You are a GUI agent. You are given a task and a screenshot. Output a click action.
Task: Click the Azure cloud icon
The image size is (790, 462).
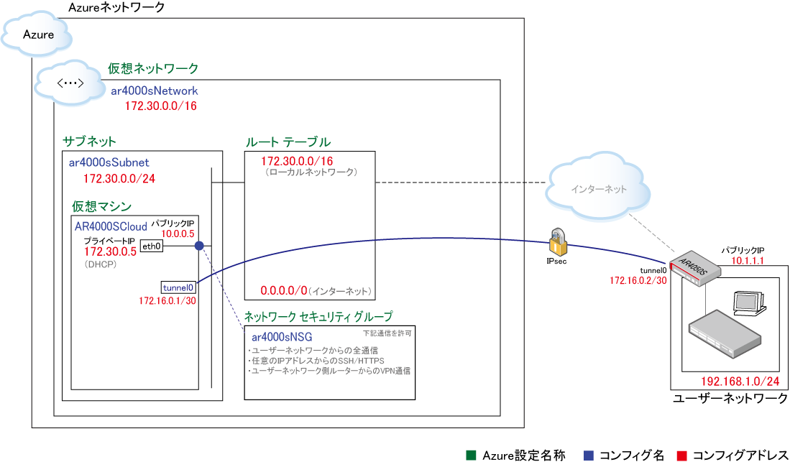[40, 34]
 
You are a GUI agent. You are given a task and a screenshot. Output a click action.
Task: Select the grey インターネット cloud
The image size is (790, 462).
[598, 190]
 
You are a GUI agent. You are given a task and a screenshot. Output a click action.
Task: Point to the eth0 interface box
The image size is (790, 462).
[152, 246]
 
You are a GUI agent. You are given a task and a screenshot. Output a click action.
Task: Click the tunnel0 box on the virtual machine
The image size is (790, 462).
[178, 286]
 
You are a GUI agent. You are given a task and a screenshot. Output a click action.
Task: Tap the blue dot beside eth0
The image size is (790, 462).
[199, 246]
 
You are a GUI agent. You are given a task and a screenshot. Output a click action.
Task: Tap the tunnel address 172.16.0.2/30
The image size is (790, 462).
[638, 280]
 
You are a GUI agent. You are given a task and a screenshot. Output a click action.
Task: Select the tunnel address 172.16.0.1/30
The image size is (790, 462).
[167, 300]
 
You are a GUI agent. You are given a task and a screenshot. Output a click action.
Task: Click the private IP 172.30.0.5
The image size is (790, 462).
[110, 251]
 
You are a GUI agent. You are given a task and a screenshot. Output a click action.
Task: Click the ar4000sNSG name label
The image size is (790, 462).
[282, 336]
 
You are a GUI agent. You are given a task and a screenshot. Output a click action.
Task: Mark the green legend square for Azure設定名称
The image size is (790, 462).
[471, 455]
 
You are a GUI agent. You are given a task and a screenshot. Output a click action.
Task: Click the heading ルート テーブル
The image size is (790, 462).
[288, 142]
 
